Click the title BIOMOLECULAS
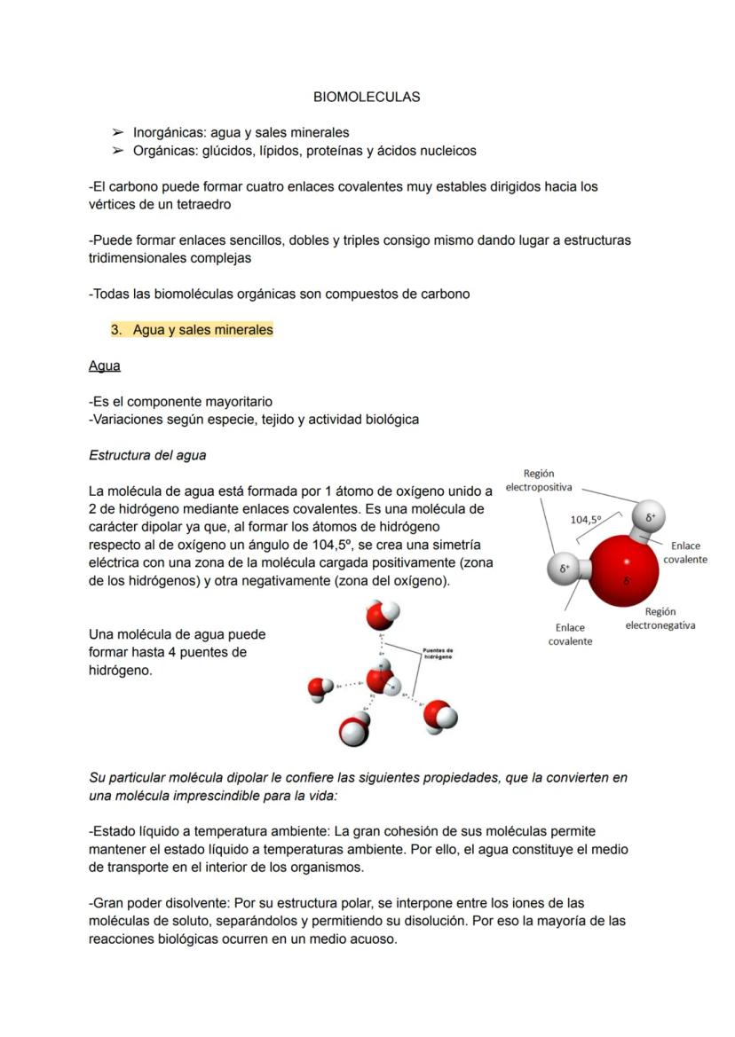click(367, 97)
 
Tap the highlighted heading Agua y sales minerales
click(202, 330)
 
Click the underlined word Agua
click(105, 365)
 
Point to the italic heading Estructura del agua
click(147, 455)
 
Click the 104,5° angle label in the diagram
click(585, 520)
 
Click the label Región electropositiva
click(539, 480)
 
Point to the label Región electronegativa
click(660, 618)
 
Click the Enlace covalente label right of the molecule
click(684, 553)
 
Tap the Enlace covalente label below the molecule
click(570, 634)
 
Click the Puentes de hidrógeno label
click(439, 652)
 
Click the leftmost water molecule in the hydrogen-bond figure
click(320, 687)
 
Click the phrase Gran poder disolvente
click(160, 903)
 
